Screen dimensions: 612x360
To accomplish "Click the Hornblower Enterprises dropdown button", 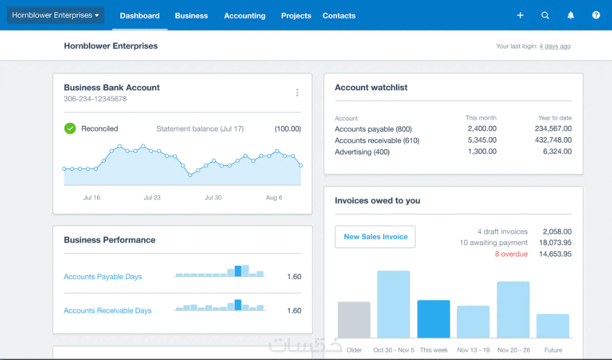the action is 55,15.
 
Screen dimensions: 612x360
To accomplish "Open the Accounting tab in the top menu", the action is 245,15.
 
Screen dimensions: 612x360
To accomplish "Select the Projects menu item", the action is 296,15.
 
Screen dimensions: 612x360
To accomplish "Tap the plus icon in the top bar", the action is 521,15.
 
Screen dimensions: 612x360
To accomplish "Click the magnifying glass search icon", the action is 545,15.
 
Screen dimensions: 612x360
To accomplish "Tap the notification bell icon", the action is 571,15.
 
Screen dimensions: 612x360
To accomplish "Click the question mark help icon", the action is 596,15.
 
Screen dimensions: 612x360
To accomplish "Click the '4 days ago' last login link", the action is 555,46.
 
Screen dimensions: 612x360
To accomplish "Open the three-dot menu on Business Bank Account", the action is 298,93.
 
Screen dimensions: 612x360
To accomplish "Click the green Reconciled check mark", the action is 70,128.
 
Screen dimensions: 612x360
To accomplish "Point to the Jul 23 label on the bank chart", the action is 152,198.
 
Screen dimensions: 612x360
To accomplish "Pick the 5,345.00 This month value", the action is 482,140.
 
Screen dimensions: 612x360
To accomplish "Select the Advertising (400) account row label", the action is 362,152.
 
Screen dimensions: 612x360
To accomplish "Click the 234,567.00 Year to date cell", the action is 554,128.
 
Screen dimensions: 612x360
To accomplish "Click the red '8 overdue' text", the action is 511,254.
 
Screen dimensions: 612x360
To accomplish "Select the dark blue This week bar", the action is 433,319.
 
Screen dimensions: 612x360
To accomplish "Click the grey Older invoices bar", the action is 354,320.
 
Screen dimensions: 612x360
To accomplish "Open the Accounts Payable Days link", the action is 103,277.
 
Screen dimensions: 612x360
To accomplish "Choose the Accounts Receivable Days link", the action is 107,311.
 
